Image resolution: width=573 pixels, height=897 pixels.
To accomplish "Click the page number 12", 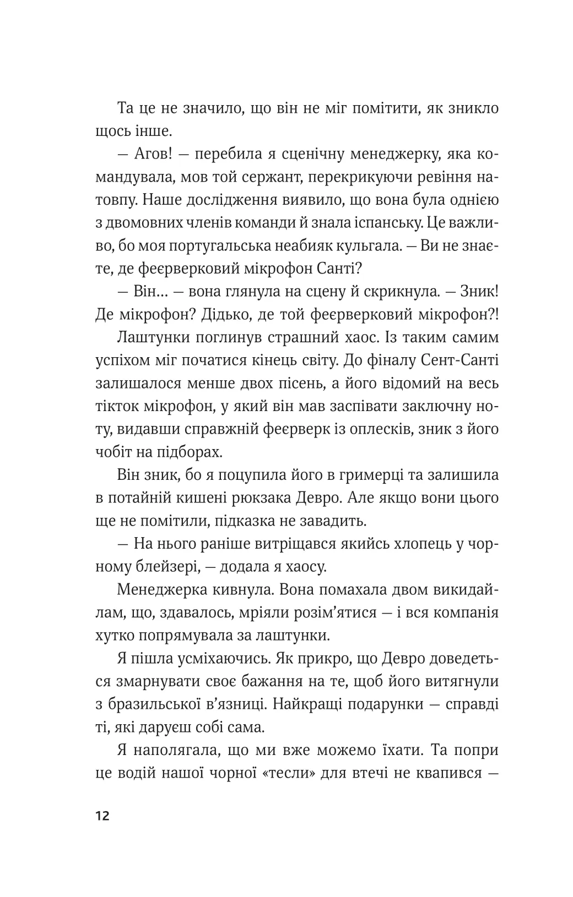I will coord(102,815).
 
